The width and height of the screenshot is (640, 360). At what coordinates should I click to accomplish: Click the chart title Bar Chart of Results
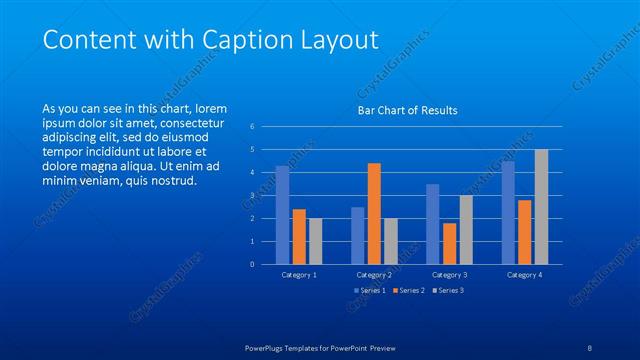[x=407, y=110]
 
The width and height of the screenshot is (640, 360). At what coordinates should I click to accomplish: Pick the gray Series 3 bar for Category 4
[x=541, y=207]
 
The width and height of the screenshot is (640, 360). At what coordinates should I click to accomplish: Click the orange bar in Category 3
[x=449, y=243]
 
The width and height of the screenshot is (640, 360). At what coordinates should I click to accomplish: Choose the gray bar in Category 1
[x=315, y=241]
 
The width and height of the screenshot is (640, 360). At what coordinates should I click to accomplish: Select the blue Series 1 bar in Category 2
[x=357, y=235]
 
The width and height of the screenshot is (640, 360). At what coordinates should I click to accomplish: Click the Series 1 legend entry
[x=370, y=290]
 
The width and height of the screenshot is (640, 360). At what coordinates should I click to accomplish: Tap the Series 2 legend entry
[x=408, y=290]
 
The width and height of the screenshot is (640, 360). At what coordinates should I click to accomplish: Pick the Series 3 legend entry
[x=447, y=290]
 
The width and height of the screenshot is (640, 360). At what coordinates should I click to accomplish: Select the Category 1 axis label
[x=299, y=274]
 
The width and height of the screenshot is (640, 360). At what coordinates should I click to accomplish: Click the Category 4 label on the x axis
[x=524, y=274]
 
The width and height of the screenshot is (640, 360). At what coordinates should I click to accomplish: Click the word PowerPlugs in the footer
[x=267, y=348]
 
